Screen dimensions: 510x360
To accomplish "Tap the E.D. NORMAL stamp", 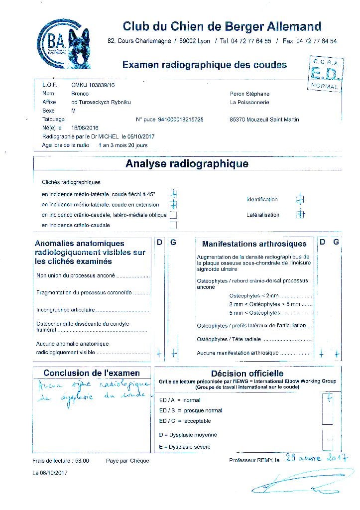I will click(x=325, y=74).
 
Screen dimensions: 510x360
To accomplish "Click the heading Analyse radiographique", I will click(x=187, y=163).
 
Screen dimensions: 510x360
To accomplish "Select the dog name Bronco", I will click(x=80, y=94).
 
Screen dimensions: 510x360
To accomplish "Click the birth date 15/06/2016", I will click(x=85, y=128).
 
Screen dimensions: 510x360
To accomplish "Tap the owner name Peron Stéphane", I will click(x=249, y=94).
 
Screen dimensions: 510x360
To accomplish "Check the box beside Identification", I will click(x=300, y=199).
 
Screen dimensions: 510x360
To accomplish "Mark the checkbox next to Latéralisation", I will click(x=300, y=215).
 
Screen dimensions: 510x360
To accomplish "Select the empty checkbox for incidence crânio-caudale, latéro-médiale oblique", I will click(x=173, y=215).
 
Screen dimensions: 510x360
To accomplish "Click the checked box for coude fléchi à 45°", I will click(x=173, y=194).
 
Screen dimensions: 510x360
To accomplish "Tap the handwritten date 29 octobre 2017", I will click(x=316, y=458).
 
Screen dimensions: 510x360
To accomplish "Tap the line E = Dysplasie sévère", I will click(x=185, y=447).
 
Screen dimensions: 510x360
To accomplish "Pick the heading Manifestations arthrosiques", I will click(x=254, y=244).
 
